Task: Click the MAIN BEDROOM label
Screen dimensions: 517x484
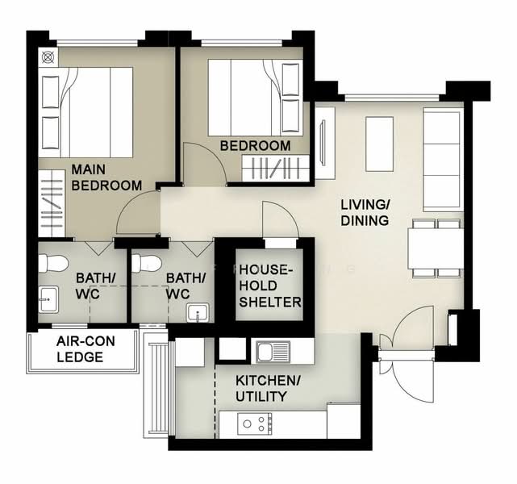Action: pyautogui.click(x=106, y=177)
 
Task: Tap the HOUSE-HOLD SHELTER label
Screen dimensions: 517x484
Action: pyautogui.click(x=269, y=286)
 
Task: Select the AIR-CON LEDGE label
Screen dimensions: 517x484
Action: pyautogui.click(x=85, y=348)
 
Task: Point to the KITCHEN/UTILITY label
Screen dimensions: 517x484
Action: pyautogui.click(x=268, y=388)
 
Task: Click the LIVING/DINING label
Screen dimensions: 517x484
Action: pyautogui.click(x=365, y=213)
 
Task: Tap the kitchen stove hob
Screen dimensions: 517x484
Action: pyautogui.click(x=255, y=423)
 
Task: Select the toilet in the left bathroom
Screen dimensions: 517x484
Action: pyautogui.click(x=52, y=263)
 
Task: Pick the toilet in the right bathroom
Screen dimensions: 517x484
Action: pyautogui.click(x=147, y=263)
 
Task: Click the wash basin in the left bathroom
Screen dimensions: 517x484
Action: pyautogui.click(x=48, y=299)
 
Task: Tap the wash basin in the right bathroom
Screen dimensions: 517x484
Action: pyautogui.click(x=198, y=312)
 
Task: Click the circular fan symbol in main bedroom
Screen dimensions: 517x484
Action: pyautogui.click(x=48, y=58)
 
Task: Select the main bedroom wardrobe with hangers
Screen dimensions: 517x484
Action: pyautogui.click(x=52, y=203)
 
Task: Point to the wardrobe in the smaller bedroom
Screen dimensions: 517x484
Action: pyautogui.click(x=276, y=168)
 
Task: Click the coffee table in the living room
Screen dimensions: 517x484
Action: pyautogui.click(x=380, y=144)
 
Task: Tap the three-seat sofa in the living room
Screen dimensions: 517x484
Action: pyautogui.click(x=442, y=160)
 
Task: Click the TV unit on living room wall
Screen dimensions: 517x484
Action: pyautogui.click(x=325, y=144)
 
